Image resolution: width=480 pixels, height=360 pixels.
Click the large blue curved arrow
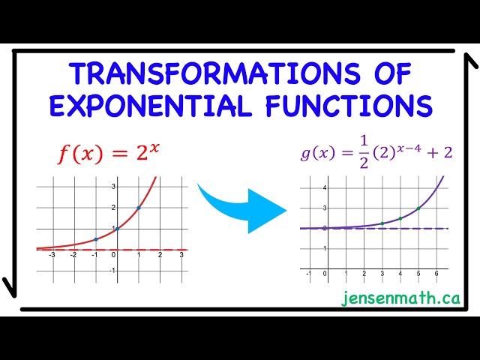243,205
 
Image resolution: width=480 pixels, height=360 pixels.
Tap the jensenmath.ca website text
400,298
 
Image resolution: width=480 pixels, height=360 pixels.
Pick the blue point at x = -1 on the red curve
95,239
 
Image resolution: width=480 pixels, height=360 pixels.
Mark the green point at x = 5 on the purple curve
418,208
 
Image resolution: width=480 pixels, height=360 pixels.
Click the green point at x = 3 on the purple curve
382,223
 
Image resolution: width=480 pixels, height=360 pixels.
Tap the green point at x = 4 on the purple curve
400,218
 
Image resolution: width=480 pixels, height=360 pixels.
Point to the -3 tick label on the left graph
52,256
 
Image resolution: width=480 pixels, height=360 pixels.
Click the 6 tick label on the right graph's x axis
436,274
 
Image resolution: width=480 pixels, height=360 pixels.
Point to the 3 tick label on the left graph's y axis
112,186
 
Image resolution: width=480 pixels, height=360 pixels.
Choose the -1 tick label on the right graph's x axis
308,274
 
